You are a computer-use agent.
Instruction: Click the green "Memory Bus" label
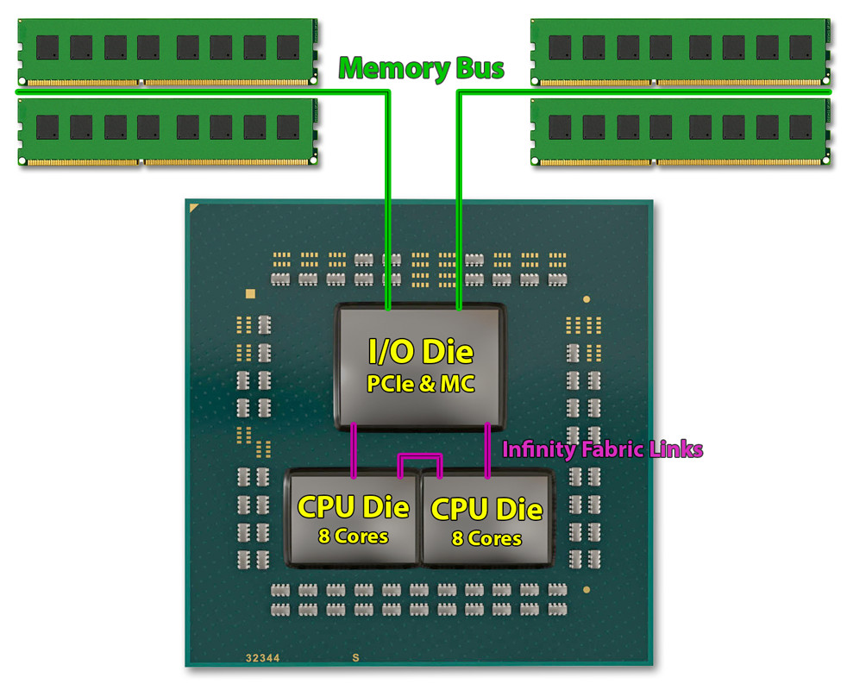click(422, 68)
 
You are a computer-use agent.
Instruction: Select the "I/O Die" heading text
click(421, 352)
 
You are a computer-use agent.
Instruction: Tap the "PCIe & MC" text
click(421, 383)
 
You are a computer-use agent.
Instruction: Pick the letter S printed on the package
click(354, 657)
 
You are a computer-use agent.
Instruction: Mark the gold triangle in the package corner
click(195, 208)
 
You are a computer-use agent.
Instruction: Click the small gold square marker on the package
click(251, 293)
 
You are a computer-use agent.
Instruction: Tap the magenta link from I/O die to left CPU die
click(354, 448)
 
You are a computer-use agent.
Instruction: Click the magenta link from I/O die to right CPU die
click(488, 448)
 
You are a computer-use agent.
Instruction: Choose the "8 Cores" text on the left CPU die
click(353, 536)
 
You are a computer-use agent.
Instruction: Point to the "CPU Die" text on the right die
click(486, 509)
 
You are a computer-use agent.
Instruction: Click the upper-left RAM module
click(166, 52)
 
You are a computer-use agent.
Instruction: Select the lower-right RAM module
click(681, 130)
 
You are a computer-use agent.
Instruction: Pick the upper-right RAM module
click(681, 52)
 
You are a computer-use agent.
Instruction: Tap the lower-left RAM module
click(166, 130)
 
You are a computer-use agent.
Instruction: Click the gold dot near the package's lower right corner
click(587, 590)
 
